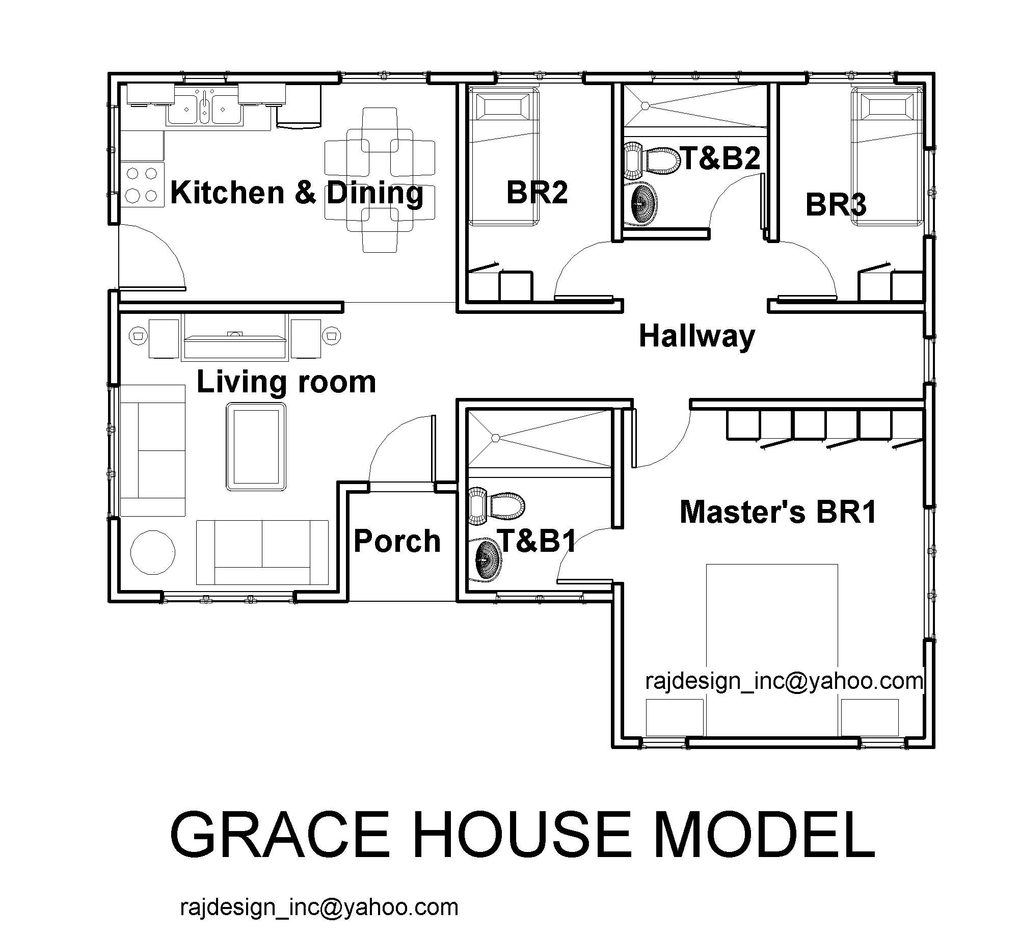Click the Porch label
(x=397, y=541)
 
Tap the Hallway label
(x=696, y=337)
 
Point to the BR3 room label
(x=836, y=205)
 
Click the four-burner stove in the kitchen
(x=142, y=184)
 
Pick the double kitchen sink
(x=204, y=106)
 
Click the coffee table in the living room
(x=256, y=446)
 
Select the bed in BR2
(x=503, y=156)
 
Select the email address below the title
(x=319, y=907)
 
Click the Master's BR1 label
(x=778, y=512)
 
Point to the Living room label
(x=286, y=382)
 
